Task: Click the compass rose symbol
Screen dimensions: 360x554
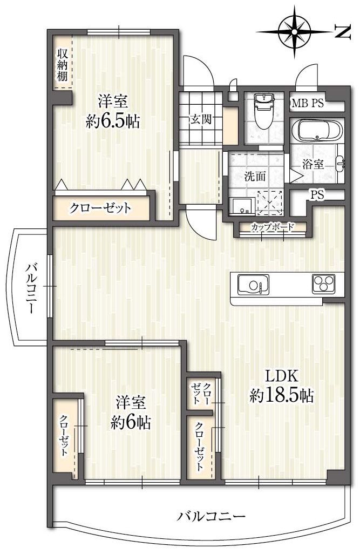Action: (x=294, y=32)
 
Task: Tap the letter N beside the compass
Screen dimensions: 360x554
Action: (x=342, y=32)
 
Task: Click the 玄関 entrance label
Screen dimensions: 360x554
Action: (x=201, y=119)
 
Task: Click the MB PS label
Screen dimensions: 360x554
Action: (x=308, y=103)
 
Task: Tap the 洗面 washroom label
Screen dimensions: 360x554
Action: (x=255, y=177)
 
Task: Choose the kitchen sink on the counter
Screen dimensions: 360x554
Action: (x=253, y=285)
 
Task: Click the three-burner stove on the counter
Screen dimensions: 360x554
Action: (x=323, y=283)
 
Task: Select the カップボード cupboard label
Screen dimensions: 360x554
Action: (x=272, y=227)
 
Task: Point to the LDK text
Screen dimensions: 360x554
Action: (x=282, y=376)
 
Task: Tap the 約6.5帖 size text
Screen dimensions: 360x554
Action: (x=113, y=121)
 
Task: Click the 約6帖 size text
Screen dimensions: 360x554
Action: (x=131, y=422)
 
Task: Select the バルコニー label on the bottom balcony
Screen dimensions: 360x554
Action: (x=211, y=517)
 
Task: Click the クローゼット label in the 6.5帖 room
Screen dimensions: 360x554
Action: (x=100, y=207)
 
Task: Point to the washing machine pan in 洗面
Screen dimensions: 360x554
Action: (x=269, y=203)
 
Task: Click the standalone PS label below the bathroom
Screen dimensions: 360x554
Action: (x=317, y=195)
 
